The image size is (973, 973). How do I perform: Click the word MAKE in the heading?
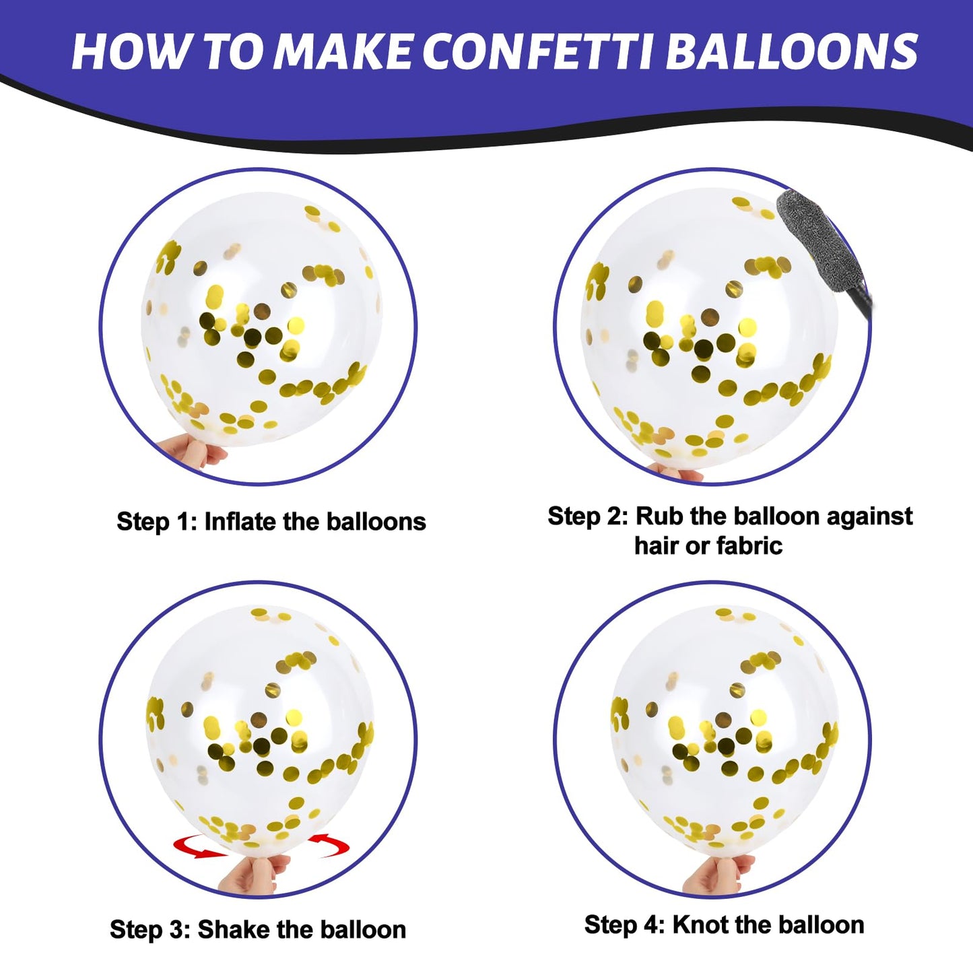coord(343,51)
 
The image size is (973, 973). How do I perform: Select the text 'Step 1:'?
coord(156,522)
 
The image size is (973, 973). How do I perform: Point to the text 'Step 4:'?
coord(625,925)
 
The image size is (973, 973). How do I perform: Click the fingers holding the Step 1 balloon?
coord(193,451)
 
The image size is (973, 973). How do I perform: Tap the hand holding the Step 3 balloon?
coord(250,879)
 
